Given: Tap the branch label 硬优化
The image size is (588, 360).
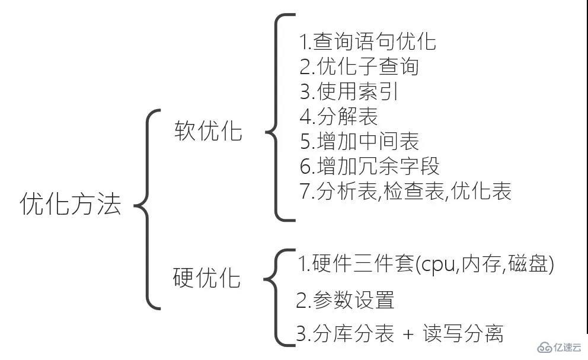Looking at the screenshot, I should point(207,278).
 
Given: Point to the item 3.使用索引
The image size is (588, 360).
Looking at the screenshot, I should point(349,92).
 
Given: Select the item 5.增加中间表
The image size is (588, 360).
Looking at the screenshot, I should point(359,142).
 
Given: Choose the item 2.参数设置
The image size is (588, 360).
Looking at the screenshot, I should point(345,301).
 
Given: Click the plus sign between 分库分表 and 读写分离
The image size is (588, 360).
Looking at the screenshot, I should point(408,335).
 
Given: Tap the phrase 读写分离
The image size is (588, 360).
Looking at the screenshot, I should point(463,334).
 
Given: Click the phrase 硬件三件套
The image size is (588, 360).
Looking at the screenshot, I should point(363,265).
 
